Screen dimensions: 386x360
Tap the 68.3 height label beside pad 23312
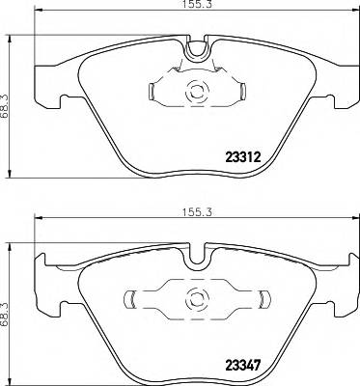(x=7, y=93)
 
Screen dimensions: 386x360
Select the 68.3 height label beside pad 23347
(x=7, y=297)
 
